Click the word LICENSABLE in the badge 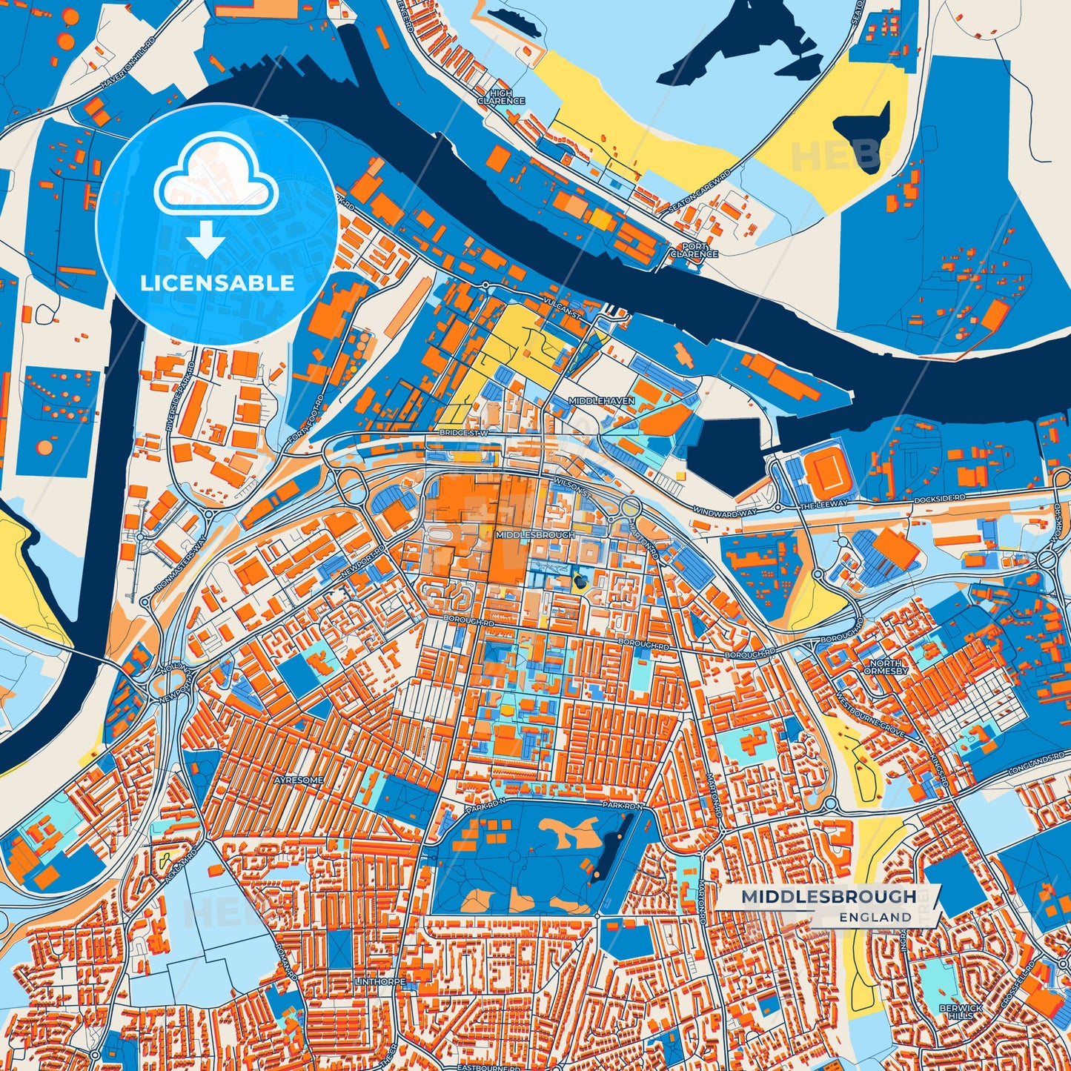[x=217, y=283]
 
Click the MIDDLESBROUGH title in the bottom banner [x=829, y=897]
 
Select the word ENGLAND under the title [x=875, y=917]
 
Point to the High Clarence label [x=501, y=97]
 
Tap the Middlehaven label [x=601, y=400]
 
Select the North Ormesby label [x=886, y=667]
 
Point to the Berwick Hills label [x=961, y=1012]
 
